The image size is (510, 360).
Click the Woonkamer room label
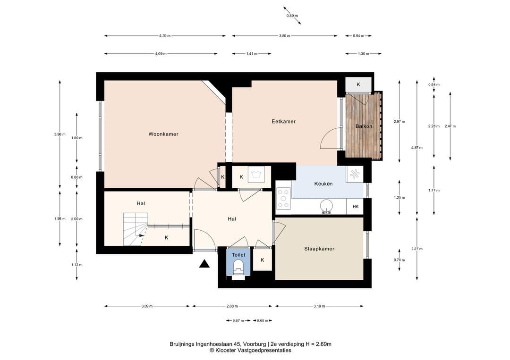click(x=163, y=134)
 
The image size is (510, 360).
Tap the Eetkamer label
click(x=284, y=122)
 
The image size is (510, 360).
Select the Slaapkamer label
click(x=319, y=249)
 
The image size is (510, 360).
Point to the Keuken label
click(x=323, y=184)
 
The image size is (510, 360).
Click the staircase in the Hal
click(x=135, y=229)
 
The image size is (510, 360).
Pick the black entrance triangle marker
click(x=204, y=264)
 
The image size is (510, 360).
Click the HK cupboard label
click(x=356, y=206)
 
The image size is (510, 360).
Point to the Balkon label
click(x=364, y=126)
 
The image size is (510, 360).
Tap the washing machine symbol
click(x=259, y=175)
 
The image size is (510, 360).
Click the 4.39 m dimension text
click(x=165, y=36)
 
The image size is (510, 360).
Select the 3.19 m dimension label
click(x=319, y=306)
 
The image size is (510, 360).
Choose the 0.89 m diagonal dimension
click(x=292, y=16)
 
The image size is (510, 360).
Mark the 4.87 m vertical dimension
click(x=416, y=148)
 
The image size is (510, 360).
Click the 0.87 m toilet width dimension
click(x=238, y=321)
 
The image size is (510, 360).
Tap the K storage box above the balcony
click(x=358, y=84)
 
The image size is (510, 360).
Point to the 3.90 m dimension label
click(x=60, y=134)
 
